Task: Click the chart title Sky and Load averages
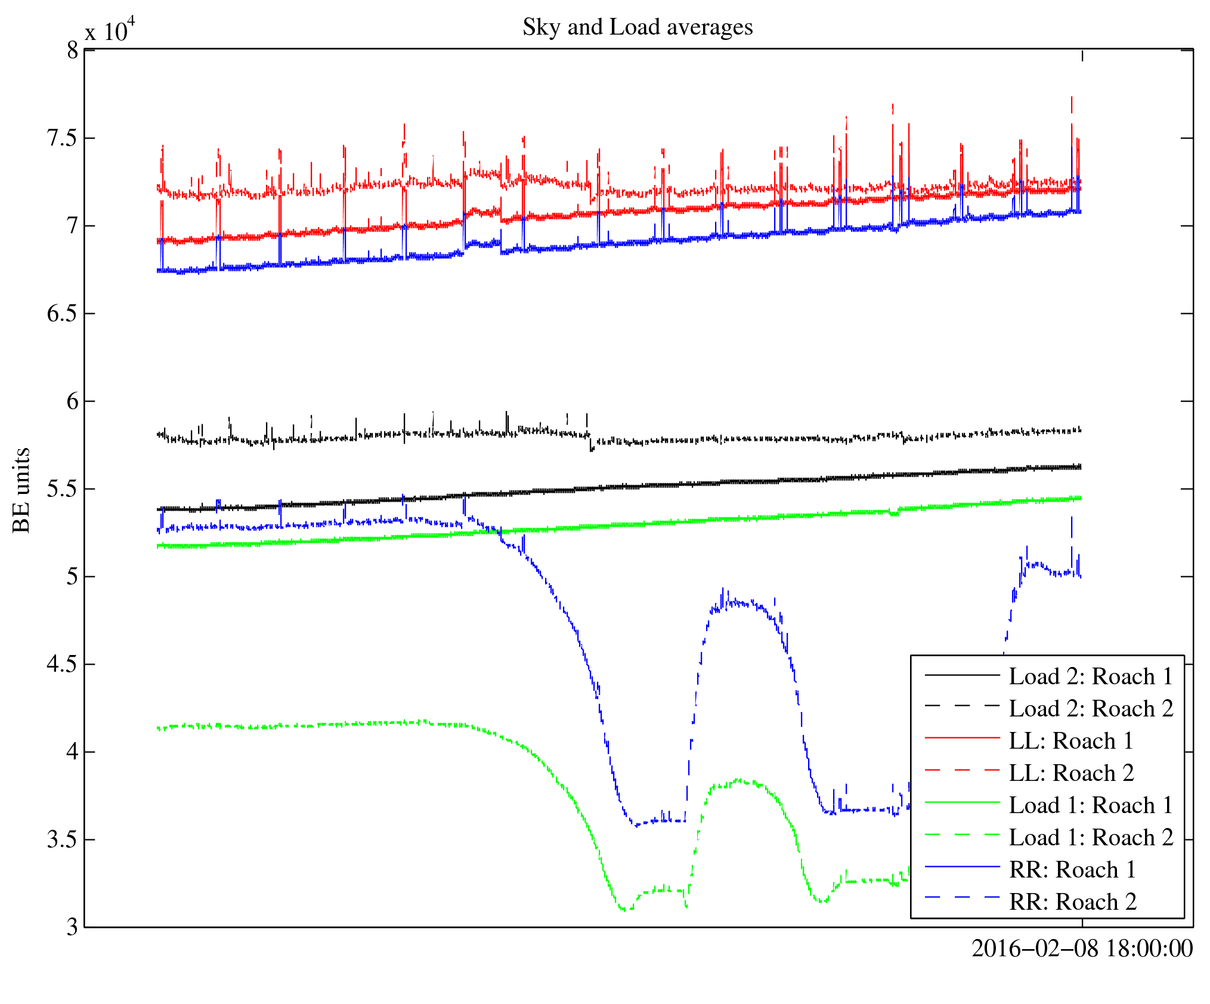[638, 27]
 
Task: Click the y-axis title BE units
[21, 490]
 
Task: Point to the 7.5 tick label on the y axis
[62, 138]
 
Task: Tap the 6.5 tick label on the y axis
[62, 314]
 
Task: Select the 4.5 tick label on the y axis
[62, 664]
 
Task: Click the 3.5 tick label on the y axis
[62, 839]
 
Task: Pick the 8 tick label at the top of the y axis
[72, 51]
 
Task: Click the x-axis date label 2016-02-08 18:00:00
[1082, 949]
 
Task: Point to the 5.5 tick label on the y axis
[62, 489]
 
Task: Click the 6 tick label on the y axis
[72, 401]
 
